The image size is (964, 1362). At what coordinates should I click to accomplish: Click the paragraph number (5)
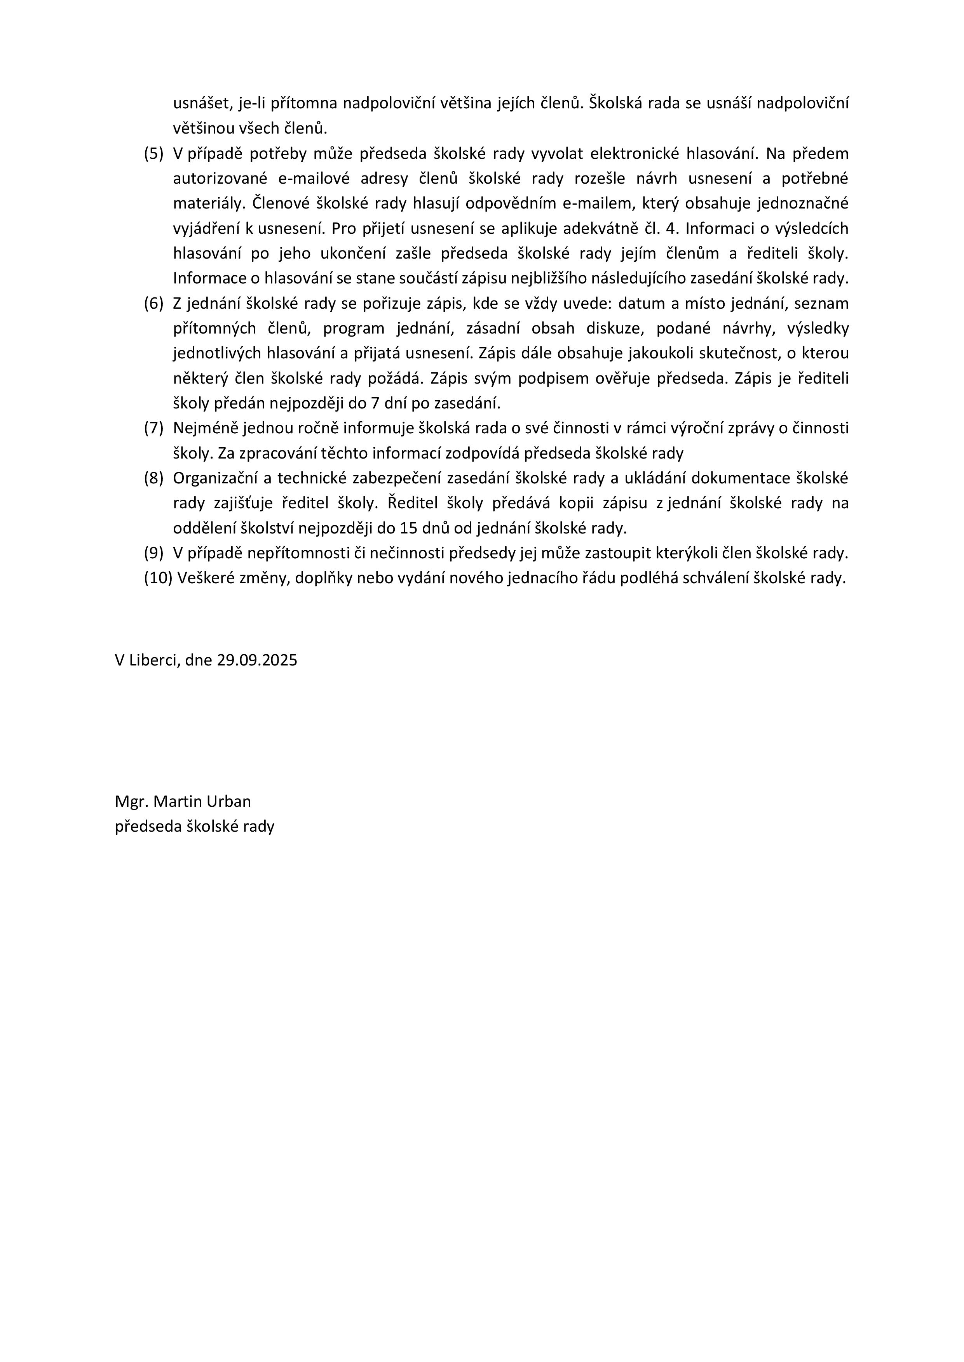click(x=153, y=154)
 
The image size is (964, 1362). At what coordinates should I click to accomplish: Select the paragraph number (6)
click(x=153, y=304)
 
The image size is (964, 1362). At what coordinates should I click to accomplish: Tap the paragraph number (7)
click(x=153, y=428)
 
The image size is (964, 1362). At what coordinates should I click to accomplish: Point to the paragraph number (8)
click(x=153, y=478)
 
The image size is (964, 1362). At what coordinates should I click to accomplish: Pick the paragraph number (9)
click(x=153, y=553)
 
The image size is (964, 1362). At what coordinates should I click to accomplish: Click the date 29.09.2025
click(x=257, y=660)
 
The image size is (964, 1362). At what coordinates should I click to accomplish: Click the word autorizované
click(x=221, y=179)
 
